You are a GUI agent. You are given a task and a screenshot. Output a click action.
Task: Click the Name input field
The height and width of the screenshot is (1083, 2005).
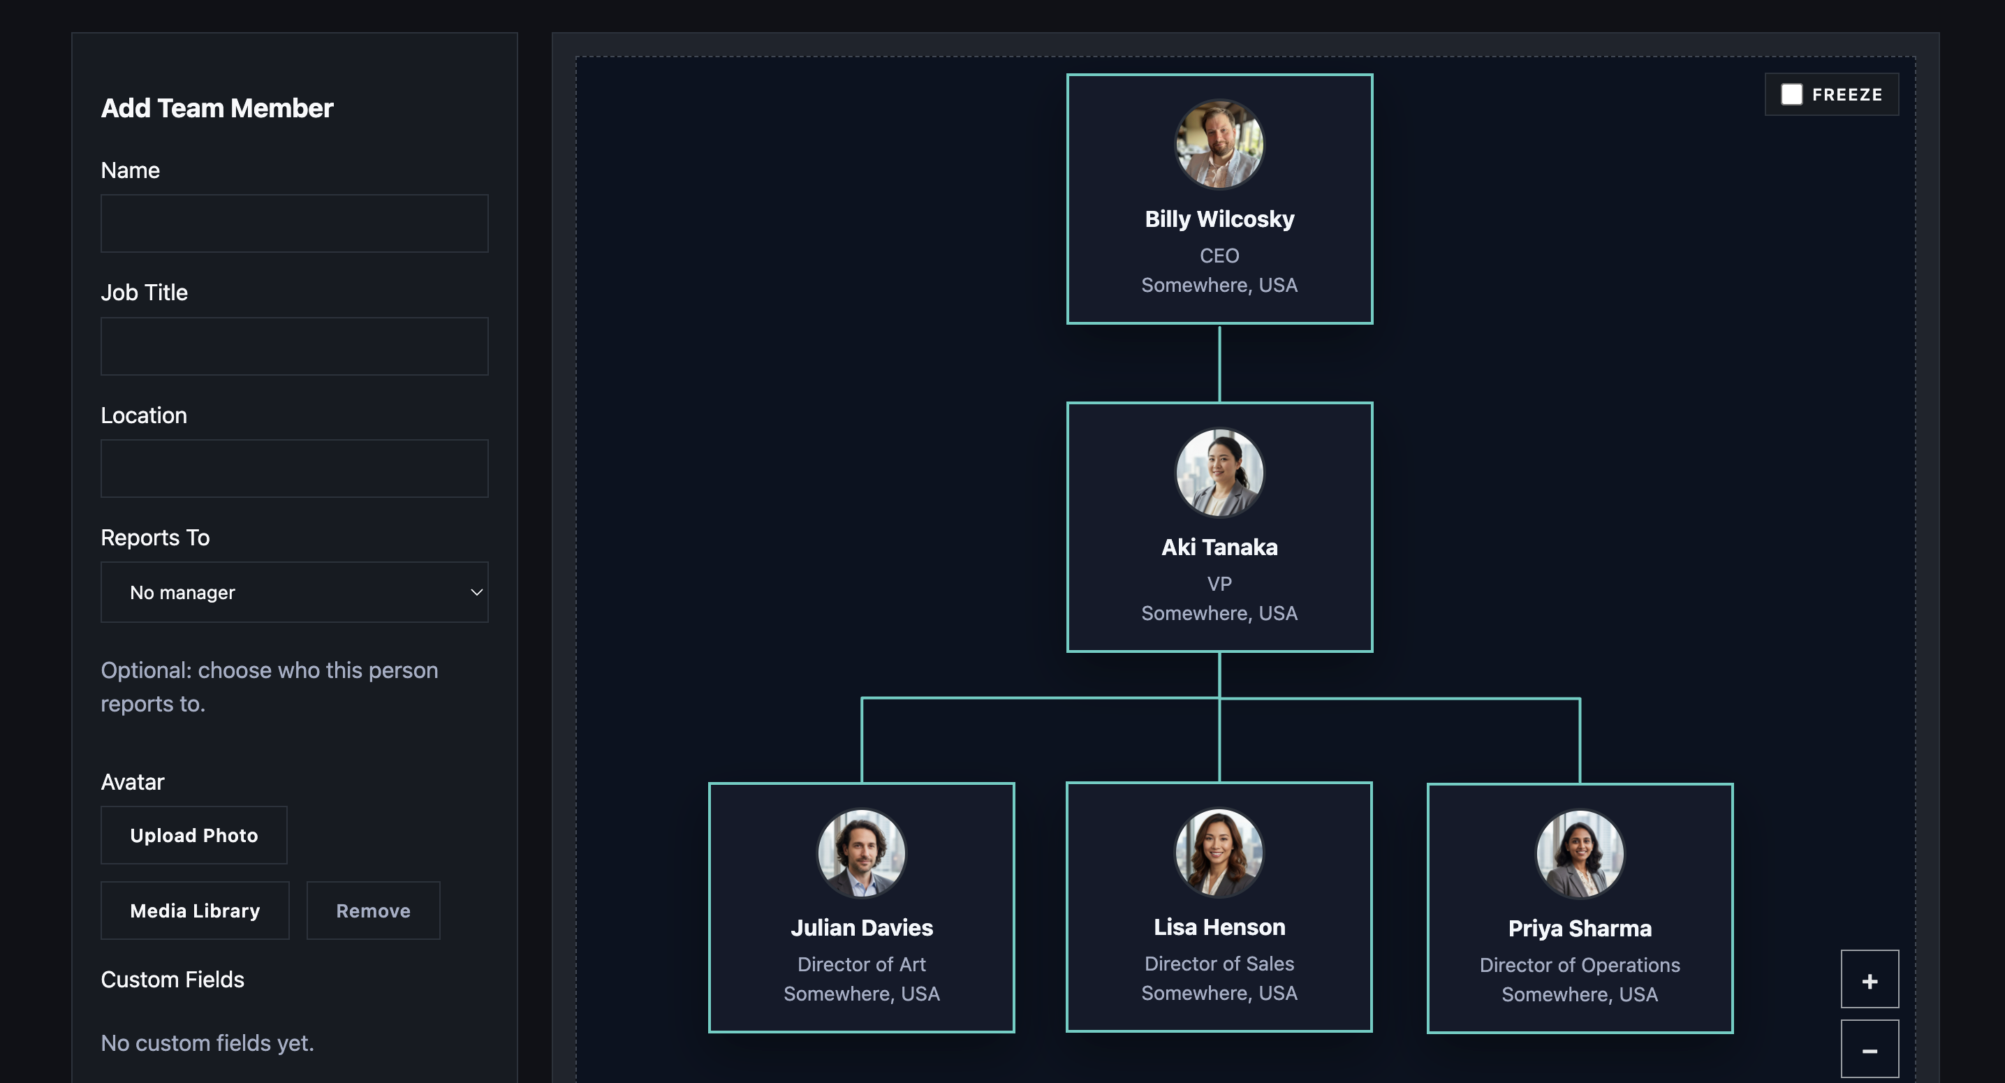294,223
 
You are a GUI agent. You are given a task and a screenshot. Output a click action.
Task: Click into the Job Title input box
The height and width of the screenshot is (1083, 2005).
294,346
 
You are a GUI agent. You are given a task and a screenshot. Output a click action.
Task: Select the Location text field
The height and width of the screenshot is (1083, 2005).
294,469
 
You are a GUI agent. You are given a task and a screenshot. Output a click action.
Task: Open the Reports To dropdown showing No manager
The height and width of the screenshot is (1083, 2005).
294,592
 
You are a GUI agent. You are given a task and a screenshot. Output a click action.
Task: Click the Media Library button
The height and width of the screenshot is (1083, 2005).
195,911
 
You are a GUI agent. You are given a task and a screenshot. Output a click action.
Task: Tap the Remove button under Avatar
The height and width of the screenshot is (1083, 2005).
373,911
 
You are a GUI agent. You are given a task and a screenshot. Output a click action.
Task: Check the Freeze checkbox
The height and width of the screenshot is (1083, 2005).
1792,94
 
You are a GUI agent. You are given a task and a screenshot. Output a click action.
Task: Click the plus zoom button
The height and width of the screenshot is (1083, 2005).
1870,980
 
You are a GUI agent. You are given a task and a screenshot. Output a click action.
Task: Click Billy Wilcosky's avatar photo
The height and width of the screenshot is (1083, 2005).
1219,144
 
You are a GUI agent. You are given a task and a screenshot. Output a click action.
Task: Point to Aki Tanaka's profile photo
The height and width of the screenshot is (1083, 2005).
1219,472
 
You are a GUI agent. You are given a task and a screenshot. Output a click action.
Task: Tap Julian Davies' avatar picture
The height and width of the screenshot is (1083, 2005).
861,853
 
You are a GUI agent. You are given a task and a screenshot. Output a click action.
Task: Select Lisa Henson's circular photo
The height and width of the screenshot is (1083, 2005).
1219,852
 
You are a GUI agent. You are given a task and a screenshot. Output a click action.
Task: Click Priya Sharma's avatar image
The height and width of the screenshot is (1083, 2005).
1579,853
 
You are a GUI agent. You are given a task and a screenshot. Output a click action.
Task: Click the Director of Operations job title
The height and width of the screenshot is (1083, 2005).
1579,965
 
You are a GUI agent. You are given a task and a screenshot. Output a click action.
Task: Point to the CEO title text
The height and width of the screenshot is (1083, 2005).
1219,255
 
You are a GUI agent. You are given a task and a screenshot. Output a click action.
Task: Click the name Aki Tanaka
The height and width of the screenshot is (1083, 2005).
1219,547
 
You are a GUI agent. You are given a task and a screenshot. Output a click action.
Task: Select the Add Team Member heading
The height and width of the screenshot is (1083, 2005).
217,108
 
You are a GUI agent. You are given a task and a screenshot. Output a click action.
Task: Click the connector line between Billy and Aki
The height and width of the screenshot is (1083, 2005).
1219,363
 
